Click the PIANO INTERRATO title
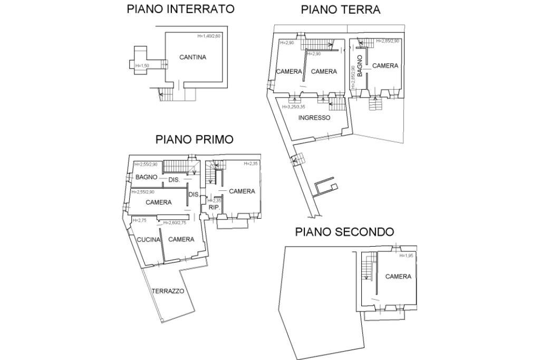click(x=180, y=9)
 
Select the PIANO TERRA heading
click(x=340, y=9)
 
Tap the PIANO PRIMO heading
click(x=194, y=140)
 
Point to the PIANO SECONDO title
click(x=344, y=232)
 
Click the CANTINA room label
click(x=192, y=57)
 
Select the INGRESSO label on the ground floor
click(x=314, y=118)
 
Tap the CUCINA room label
click(x=148, y=240)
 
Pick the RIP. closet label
click(x=214, y=208)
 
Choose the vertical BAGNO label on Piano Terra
click(x=360, y=66)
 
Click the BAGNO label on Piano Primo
click(x=146, y=177)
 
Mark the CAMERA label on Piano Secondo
click(x=398, y=277)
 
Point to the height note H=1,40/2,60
click(x=209, y=36)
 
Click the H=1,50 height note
click(x=143, y=66)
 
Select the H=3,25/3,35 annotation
click(x=294, y=107)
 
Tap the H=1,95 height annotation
click(x=407, y=256)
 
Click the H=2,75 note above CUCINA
click(x=139, y=220)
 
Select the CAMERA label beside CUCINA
click(x=181, y=240)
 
